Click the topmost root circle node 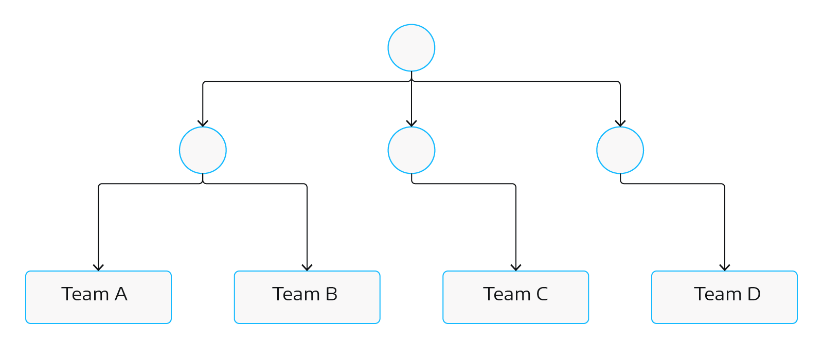(x=411, y=48)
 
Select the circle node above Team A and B (x=203, y=150)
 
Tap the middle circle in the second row (x=411, y=150)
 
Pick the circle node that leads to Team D (x=620, y=150)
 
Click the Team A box (x=98, y=297)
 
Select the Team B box (x=307, y=297)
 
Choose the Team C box (x=515, y=297)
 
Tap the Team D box (x=724, y=297)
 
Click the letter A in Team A (x=121, y=294)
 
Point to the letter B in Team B (x=331, y=294)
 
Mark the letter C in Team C (x=542, y=294)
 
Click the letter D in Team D (x=754, y=294)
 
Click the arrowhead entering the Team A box (x=98, y=267)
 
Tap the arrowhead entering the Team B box (x=307, y=267)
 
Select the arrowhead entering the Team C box (x=516, y=267)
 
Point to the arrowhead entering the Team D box (x=725, y=267)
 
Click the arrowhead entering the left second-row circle (x=203, y=123)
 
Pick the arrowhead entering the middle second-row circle (x=411, y=123)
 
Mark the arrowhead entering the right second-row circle (x=620, y=123)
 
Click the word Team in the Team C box (x=507, y=294)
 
